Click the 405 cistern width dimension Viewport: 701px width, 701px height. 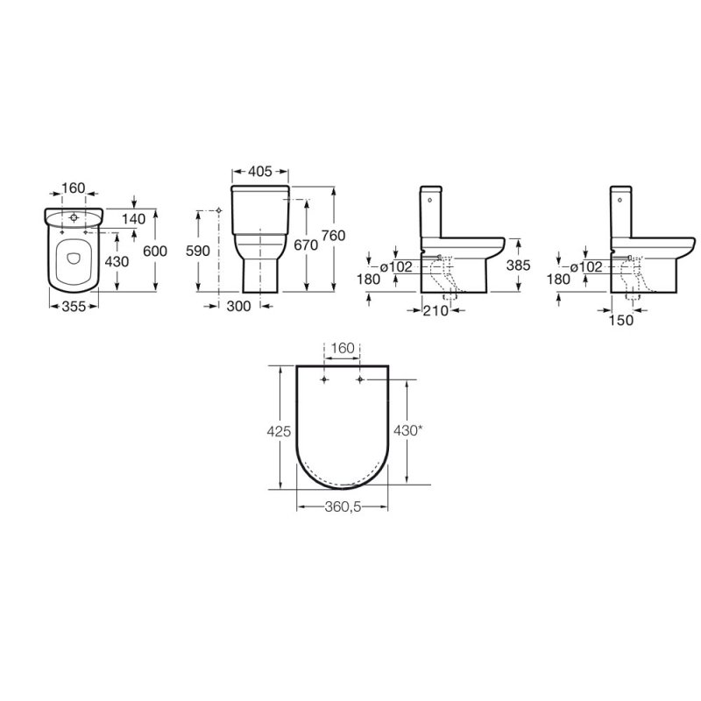coord(259,171)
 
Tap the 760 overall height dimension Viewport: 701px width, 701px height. coord(333,236)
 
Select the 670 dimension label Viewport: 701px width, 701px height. coord(306,245)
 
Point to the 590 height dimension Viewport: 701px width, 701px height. coord(198,251)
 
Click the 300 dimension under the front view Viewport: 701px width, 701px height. coord(238,306)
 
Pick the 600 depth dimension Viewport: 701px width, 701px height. coord(155,251)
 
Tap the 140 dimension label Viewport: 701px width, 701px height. coord(134,219)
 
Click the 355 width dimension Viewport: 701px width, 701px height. coord(74,306)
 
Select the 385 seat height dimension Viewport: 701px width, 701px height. coord(518,266)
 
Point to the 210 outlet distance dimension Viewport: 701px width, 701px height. coord(435,310)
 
